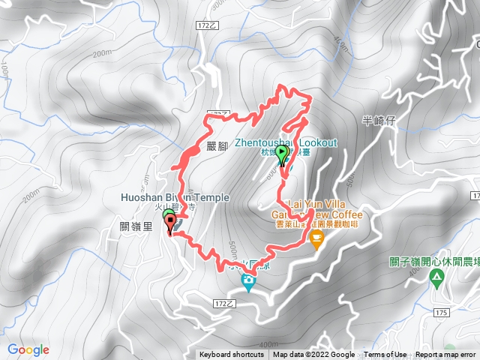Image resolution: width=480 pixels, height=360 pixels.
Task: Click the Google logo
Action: (28, 349)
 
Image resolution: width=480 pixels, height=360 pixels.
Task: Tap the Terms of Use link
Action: (385, 355)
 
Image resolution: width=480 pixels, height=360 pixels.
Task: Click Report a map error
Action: (446, 355)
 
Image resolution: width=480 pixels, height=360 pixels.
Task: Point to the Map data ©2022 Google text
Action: (313, 355)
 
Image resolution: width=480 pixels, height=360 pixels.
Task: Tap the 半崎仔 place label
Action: (378, 120)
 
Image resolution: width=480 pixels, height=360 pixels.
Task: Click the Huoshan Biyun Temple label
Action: (174, 197)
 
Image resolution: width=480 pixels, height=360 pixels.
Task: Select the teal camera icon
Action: (247, 282)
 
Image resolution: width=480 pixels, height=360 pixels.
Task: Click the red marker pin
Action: (170, 222)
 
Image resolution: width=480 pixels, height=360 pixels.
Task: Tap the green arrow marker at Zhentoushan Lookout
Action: (282, 154)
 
